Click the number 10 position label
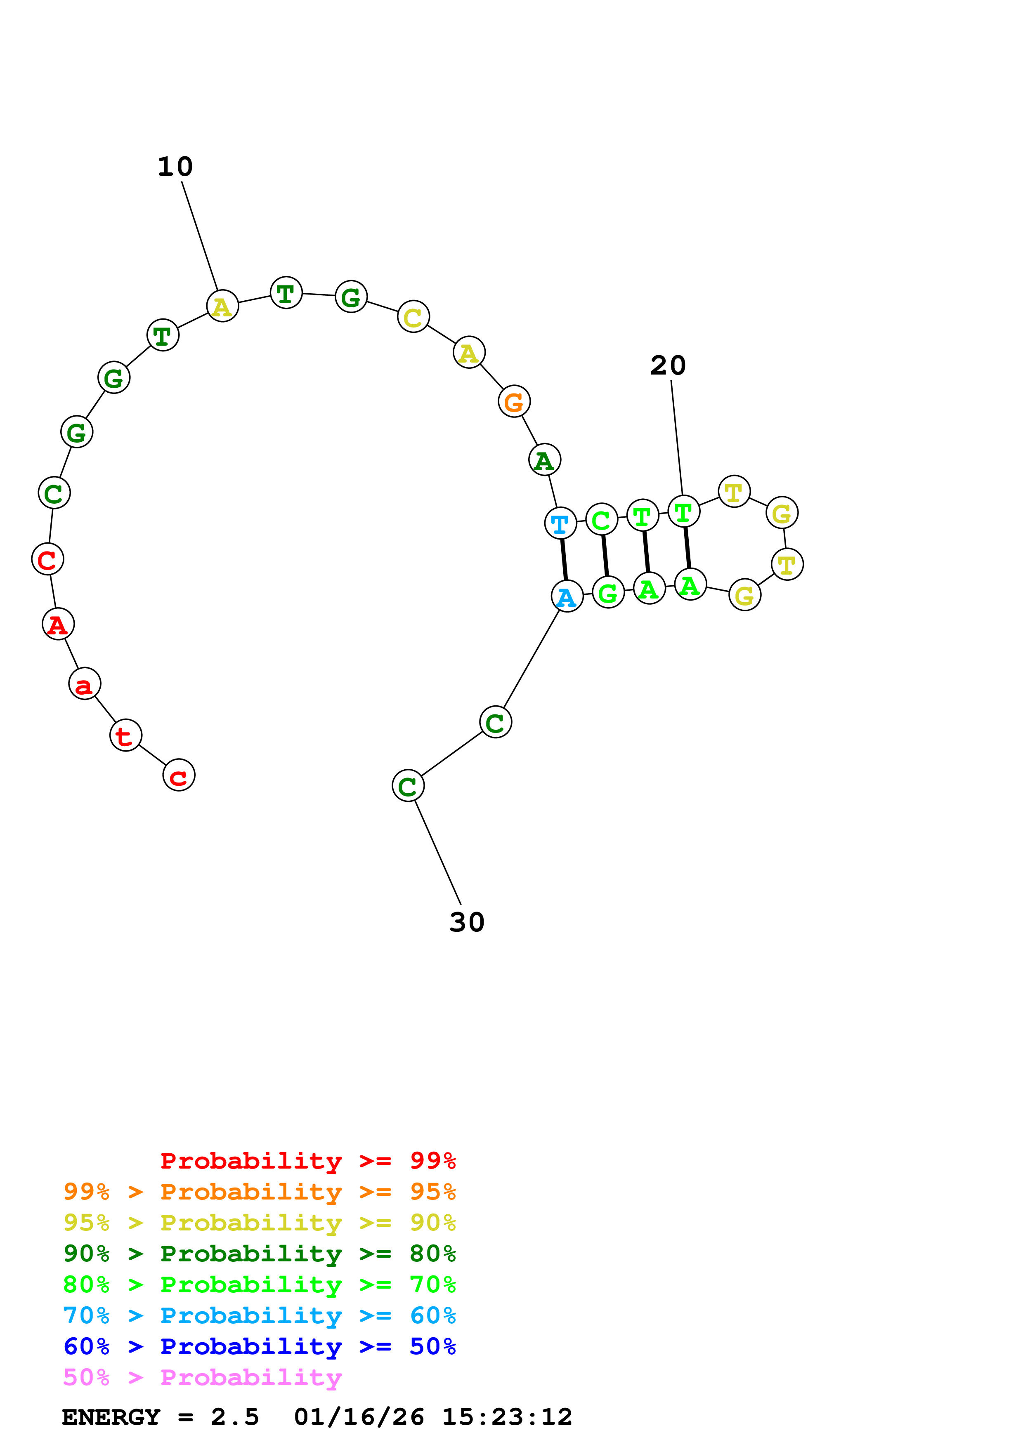pos(175,167)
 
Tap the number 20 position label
pos(668,365)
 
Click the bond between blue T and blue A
pos(564,560)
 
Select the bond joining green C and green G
pos(605,556)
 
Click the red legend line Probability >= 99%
pos(307,1161)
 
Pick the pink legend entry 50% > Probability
pos(202,1378)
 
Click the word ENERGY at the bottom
pos(111,1417)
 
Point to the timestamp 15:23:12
pos(507,1417)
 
